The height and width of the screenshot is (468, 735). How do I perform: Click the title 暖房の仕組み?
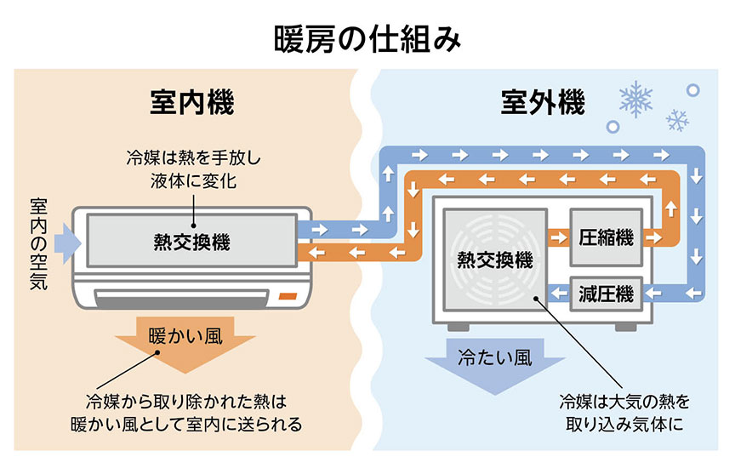click(367, 37)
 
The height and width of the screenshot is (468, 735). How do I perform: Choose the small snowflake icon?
click(677, 120)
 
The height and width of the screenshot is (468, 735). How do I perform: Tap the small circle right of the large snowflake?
click(692, 89)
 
